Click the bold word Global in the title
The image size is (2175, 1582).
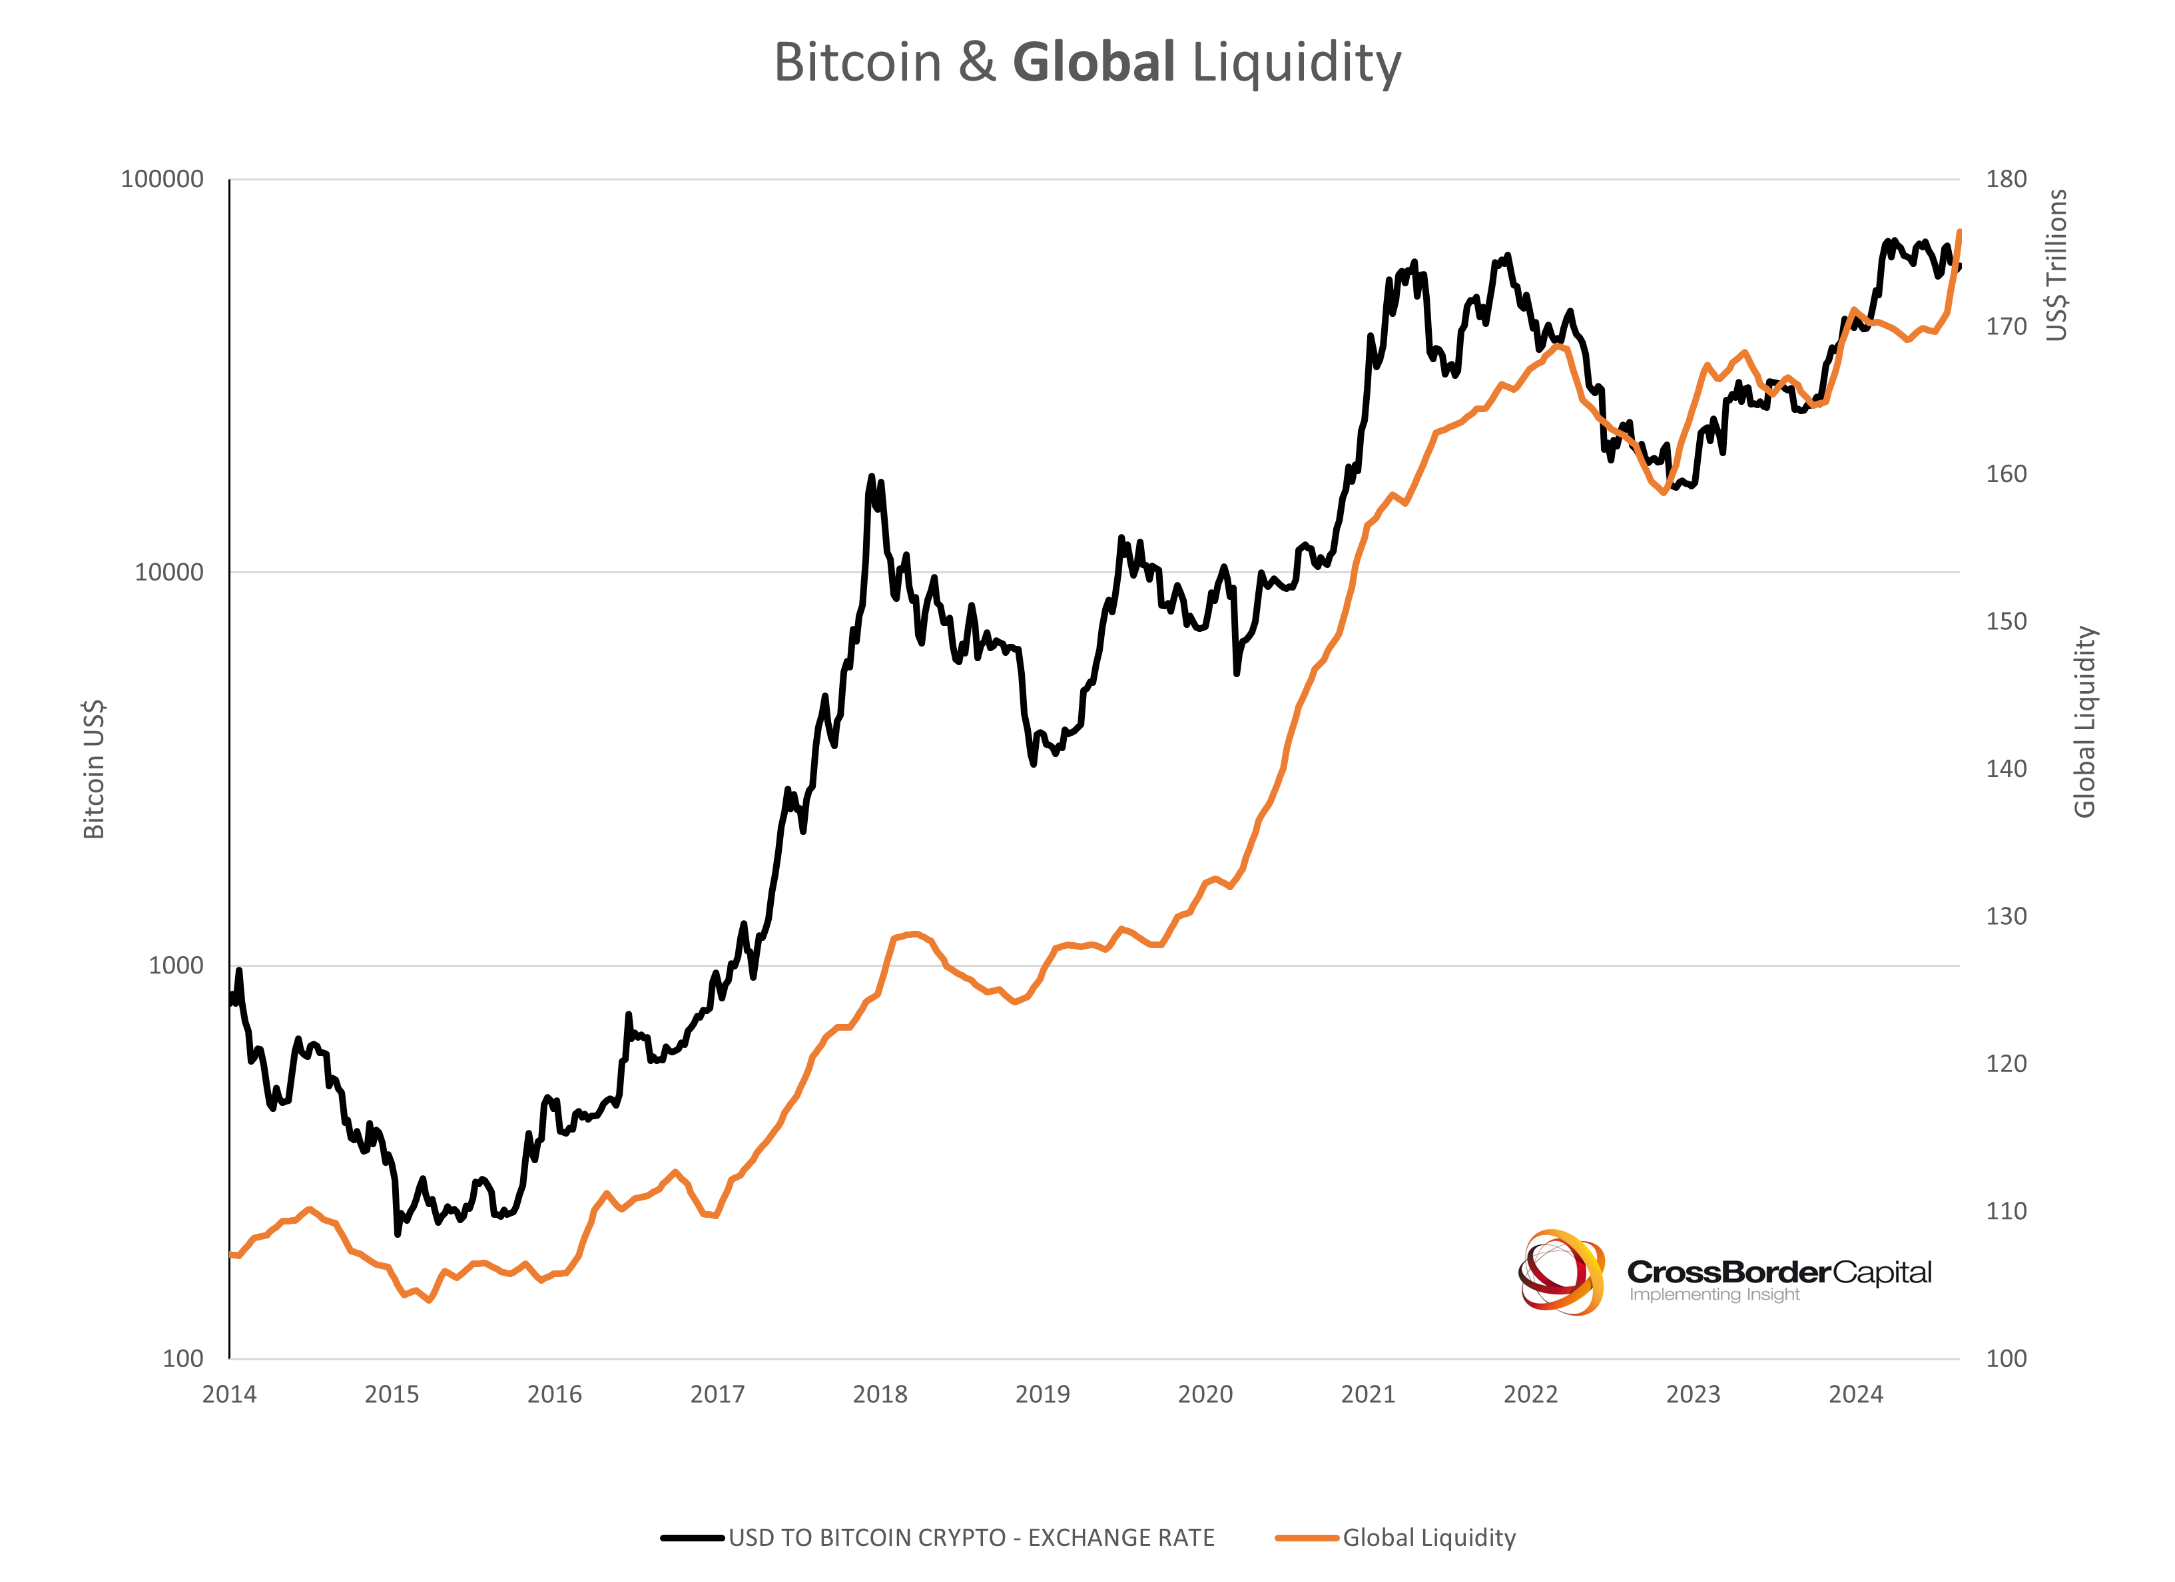pos(1093,63)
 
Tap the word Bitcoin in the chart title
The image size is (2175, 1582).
pos(857,63)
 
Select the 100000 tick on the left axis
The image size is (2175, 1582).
pos(162,179)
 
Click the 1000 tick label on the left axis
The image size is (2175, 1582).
pos(176,965)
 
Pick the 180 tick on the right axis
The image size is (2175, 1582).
pos(2007,179)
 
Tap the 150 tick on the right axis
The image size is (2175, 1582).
pos(2007,621)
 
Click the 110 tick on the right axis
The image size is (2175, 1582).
pos(2007,1211)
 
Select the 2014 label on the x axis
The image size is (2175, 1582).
pos(229,1394)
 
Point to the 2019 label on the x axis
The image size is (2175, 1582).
pos(1042,1394)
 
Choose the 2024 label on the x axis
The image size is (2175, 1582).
pos(1855,1394)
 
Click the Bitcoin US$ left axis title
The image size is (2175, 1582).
pos(94,770)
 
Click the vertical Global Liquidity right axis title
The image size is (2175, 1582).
pos(2085,722)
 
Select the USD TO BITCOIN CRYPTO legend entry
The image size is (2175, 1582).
pos(970,1538)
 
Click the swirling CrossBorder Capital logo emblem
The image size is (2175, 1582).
pos(1561,1272)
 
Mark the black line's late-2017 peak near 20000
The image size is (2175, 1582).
pos(872,477)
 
